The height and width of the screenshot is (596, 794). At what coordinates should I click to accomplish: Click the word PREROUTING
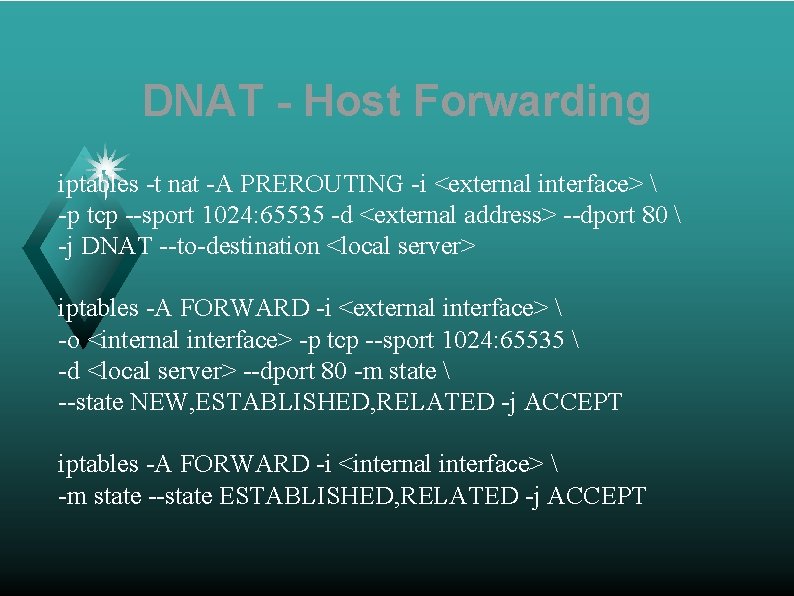pyautogui.click(x=322, y=184)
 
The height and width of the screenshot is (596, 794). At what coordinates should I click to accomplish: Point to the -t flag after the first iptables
pyautogui.click(x=152, y=184)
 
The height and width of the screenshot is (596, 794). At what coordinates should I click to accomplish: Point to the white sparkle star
pyautogui.click(x=107, y=160)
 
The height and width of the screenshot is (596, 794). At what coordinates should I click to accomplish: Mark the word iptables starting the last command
pyautogui.click(x=98, y=464)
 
